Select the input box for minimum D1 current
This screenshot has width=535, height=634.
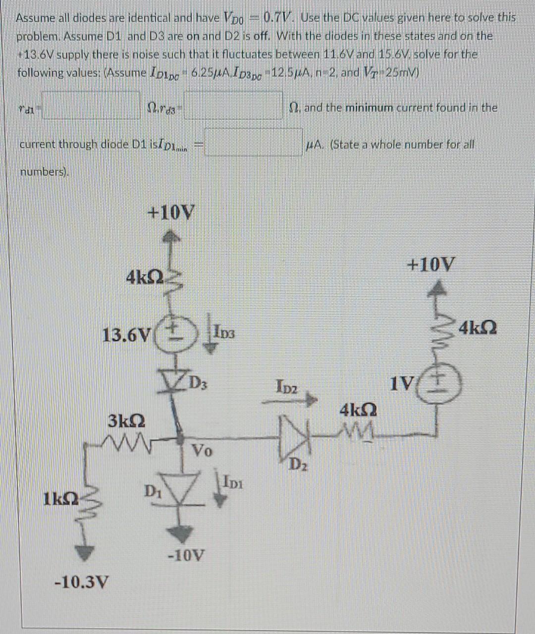(x=253, y=143)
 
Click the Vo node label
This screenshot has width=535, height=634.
(x=202, y=451)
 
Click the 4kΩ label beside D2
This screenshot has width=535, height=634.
(x=359, y=410)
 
